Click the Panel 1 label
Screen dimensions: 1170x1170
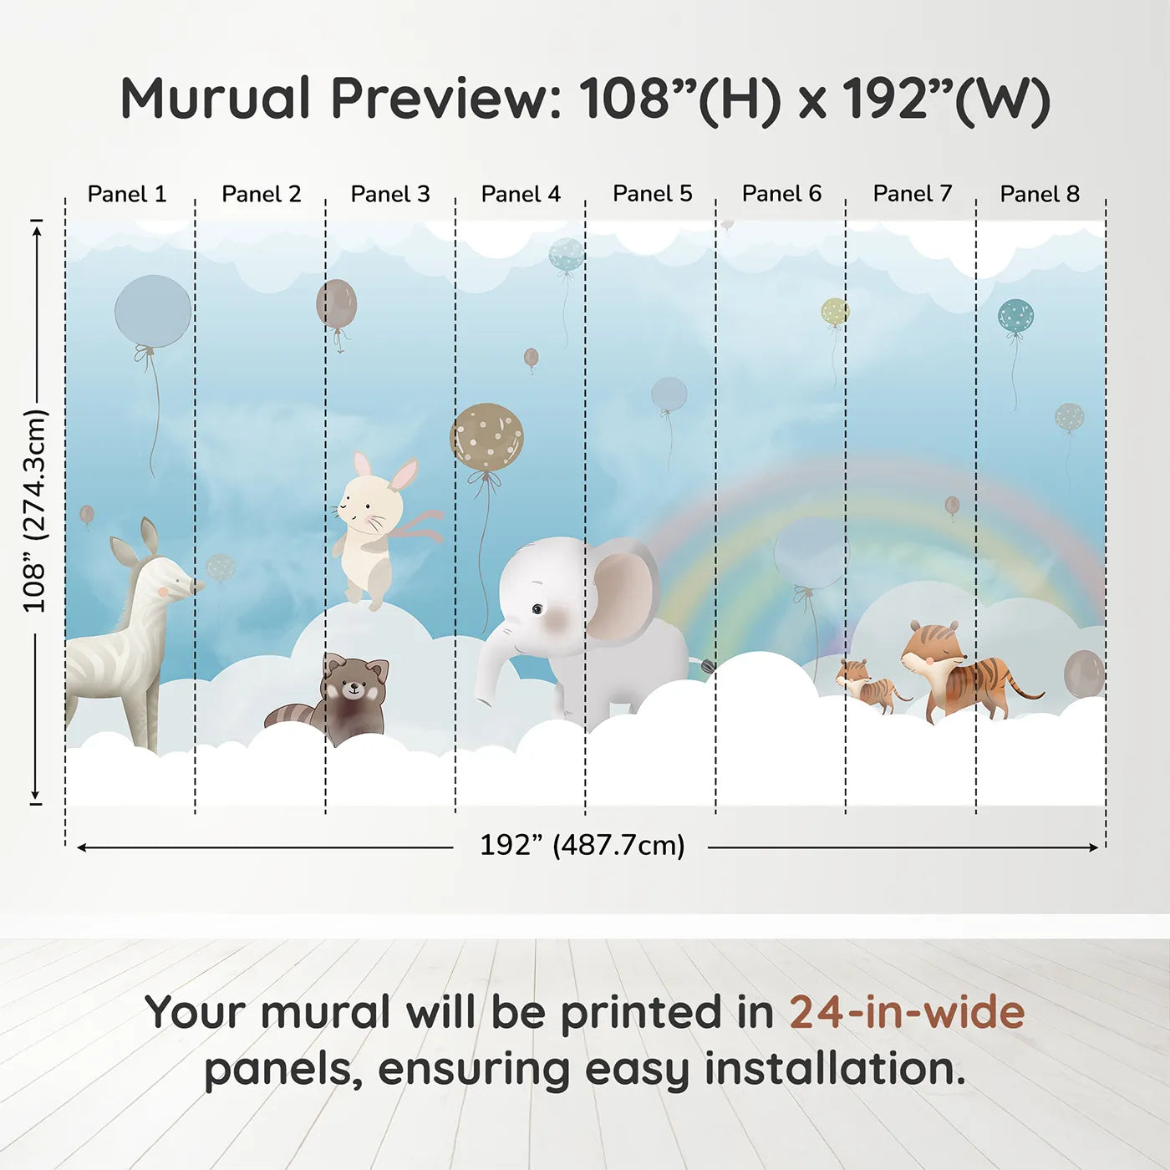click(127, 194)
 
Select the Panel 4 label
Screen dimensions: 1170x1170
click(521, 194)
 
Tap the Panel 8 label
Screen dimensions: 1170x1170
click(1040, 194)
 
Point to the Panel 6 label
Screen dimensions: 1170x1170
click(781, 194)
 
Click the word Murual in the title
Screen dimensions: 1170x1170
click(216, 99)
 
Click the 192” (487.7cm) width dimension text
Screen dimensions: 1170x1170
click(582, 845)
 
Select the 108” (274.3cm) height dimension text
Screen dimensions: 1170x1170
click(34, 511)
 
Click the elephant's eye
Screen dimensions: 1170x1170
click(537, 608)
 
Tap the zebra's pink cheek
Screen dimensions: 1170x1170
click(163, 591)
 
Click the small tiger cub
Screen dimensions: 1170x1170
click(868, 686)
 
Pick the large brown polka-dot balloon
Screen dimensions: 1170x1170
click(486, 437)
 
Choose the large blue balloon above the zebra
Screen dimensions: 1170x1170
click(153, 312)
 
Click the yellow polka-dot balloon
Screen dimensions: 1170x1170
click(835, 312)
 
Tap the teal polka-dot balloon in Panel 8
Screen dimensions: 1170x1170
click(1015, 317)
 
